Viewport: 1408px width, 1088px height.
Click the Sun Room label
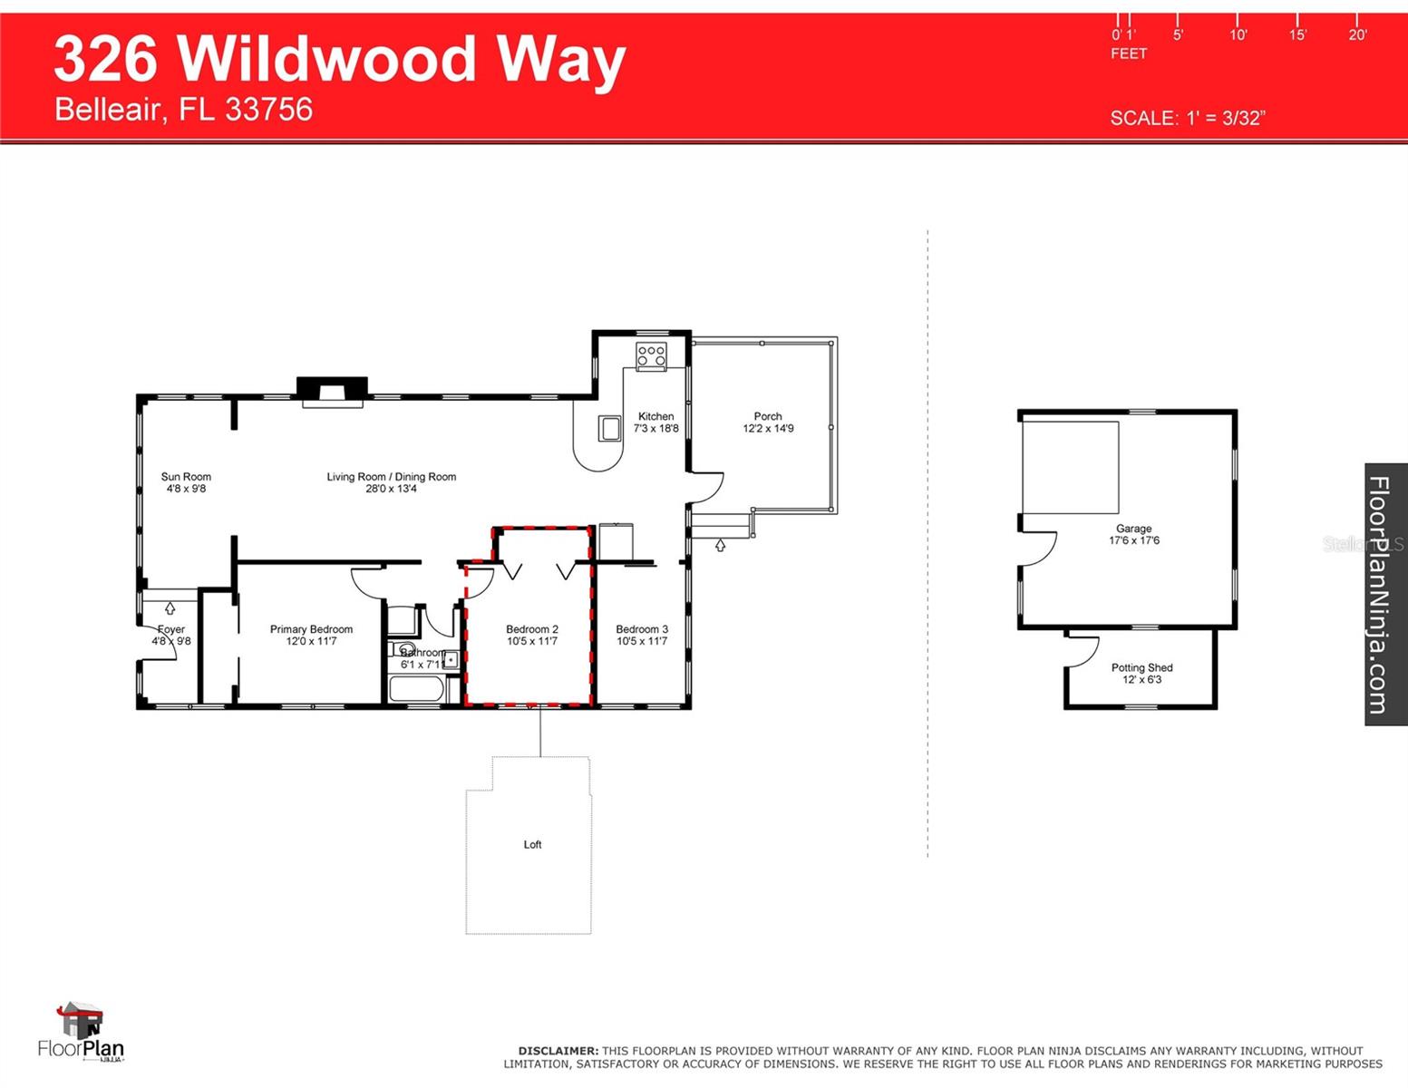tap(186, 477)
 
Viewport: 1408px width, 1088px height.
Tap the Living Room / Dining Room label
tap(391, 477)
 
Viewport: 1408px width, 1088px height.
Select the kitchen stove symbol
tap(651, 355)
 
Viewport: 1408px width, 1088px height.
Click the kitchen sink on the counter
tap(609, 428)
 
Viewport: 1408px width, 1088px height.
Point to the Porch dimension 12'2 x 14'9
tap(768, 429)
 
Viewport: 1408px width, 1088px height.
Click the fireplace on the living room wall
tap(332, 391)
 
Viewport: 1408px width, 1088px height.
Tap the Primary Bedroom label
tap(311, 629)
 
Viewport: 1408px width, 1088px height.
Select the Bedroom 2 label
tap(531, 629)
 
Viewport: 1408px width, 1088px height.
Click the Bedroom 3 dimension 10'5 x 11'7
tap(642, 642)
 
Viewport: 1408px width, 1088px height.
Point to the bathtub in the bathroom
tap(416, 689)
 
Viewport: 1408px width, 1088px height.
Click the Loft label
tap(532, 845)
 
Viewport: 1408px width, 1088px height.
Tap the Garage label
tap(1133, 529)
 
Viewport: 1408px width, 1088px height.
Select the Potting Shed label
tap(1141, 668)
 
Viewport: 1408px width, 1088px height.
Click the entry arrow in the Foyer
tap(170, 608)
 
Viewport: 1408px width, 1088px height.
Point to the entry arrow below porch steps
tap(720, 546)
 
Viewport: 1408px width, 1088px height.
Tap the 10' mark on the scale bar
tap(1238, 34)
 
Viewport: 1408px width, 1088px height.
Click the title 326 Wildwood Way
tap(340, 59)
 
